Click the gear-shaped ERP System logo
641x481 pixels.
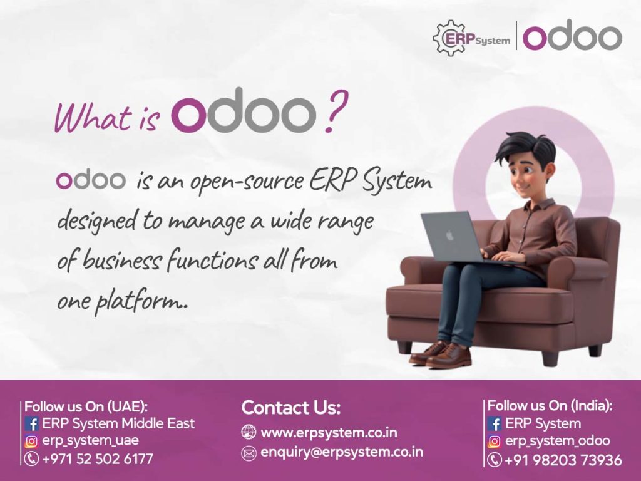click(471, 38)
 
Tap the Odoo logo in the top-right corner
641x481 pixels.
click(572, 37)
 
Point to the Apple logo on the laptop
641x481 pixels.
click(449, 236)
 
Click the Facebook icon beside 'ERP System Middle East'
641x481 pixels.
click(31, 424)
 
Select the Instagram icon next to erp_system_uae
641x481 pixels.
click(31, 442)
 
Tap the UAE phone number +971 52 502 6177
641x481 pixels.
click(97, 459)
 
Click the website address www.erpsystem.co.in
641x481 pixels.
click(329, 432)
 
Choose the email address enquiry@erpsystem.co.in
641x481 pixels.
click(342, 452)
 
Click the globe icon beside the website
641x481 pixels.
click(249, 432)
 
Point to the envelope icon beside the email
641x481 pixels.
click(249, 453)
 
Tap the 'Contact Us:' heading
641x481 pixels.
click(291, 407)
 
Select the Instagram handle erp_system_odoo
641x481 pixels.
click(558, 441)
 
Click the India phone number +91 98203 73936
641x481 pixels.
click(563, 460)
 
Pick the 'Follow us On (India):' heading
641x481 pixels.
click(550, 406)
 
